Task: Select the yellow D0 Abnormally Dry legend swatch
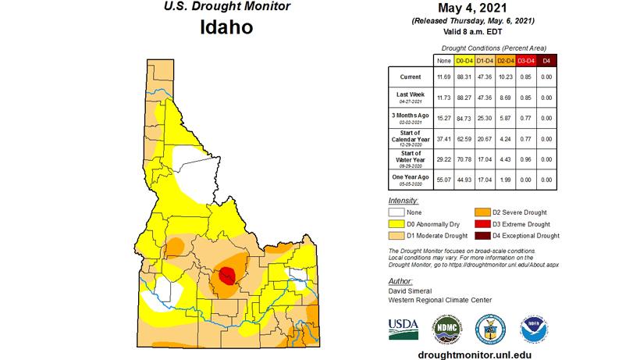[x=398, y=223]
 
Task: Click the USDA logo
[x=404, y=328]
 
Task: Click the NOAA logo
[x=535, y=328]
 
